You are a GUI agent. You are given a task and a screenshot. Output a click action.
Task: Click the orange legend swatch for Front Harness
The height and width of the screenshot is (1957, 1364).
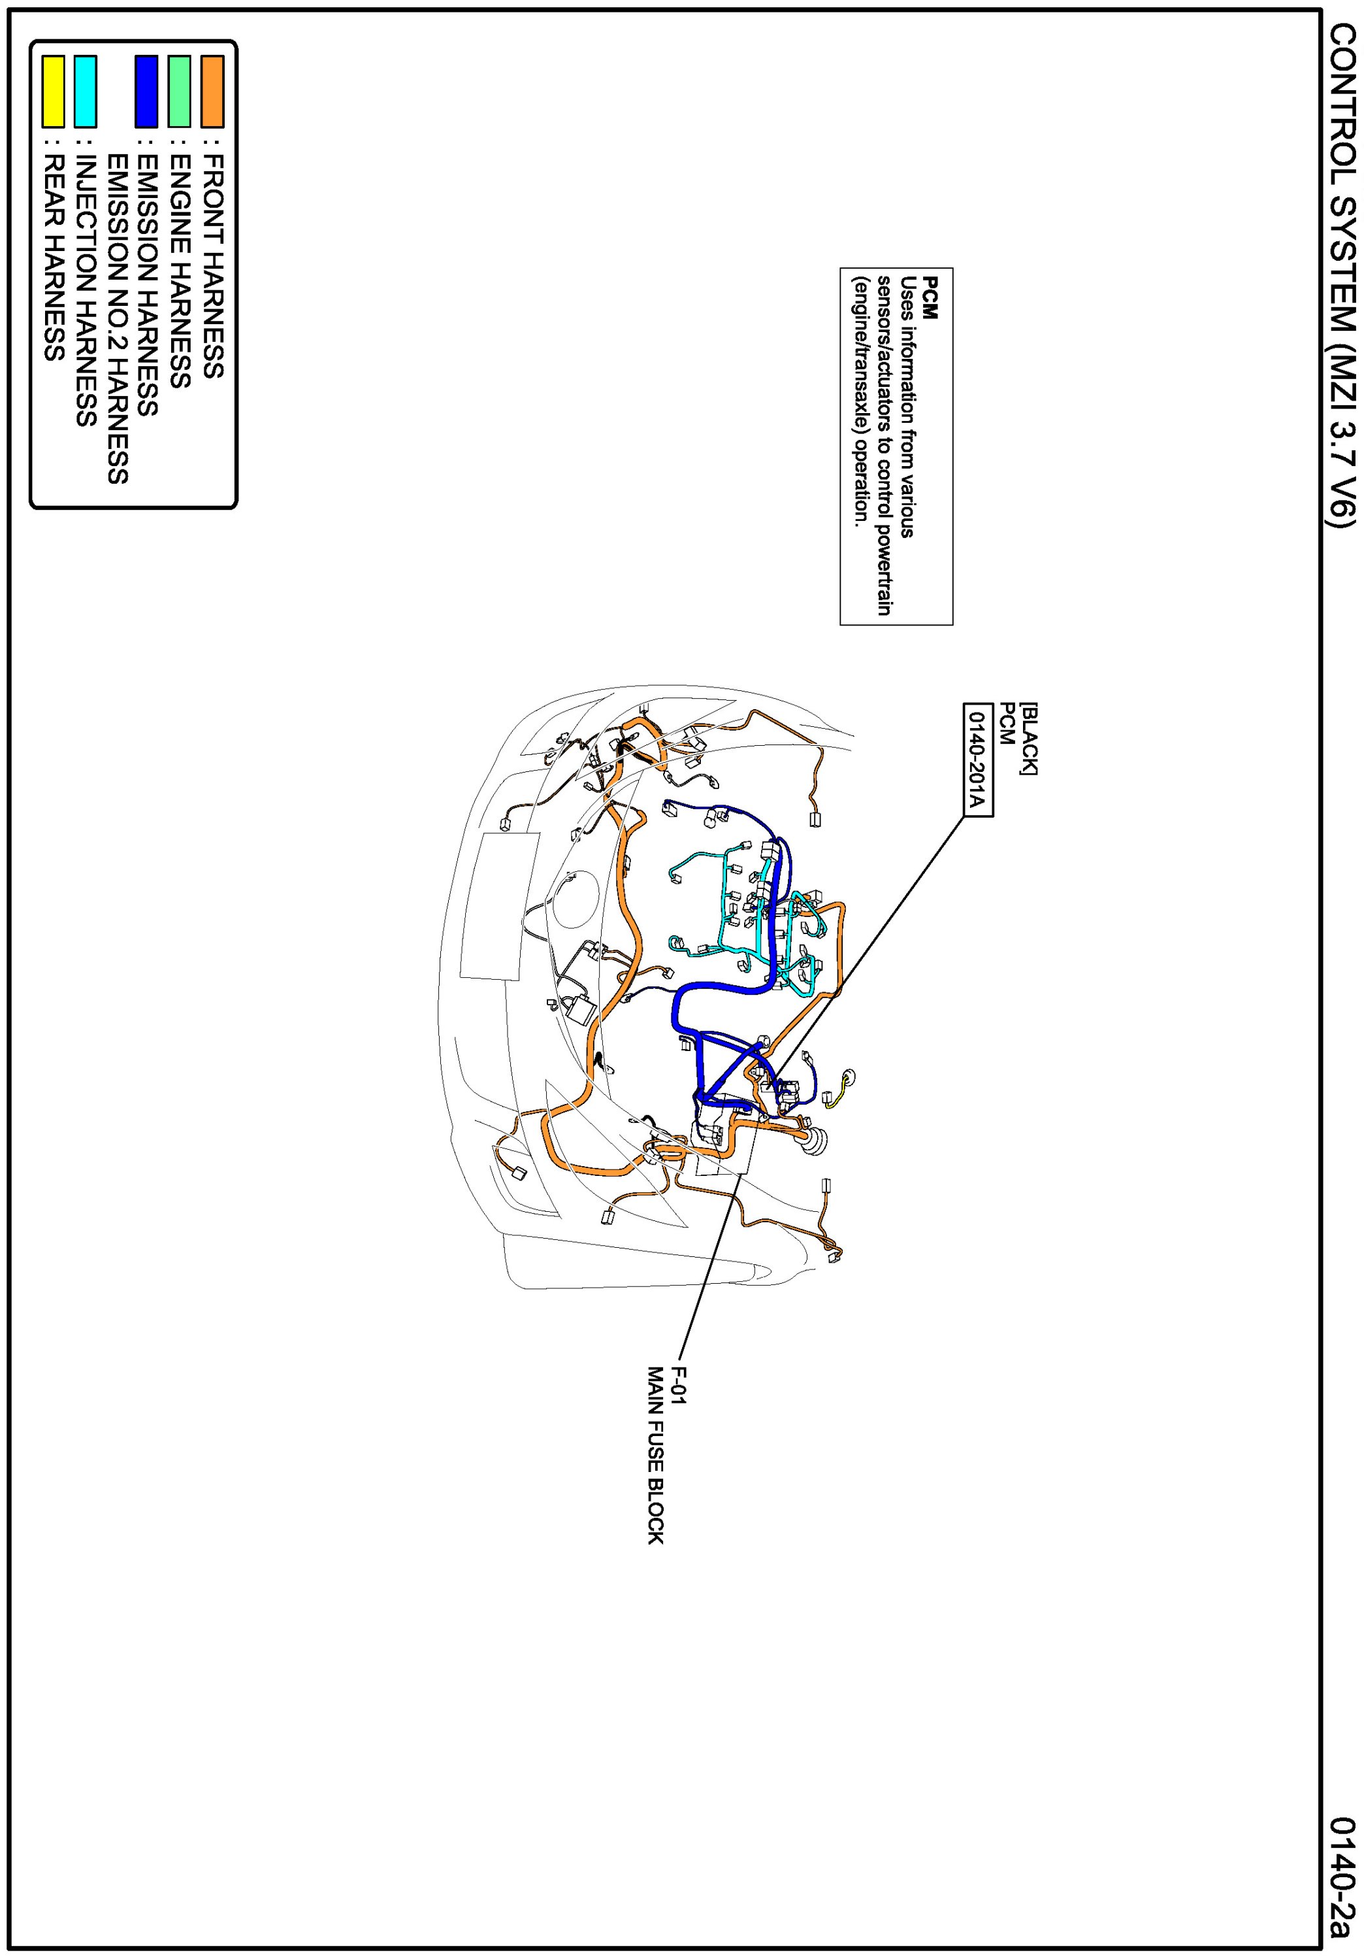click(212, 92)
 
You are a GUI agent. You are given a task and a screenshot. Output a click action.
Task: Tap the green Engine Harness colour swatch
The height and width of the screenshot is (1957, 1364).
click(179, 92)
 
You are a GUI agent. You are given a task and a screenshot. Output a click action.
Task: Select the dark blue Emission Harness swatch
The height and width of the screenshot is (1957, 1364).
click(146, 92)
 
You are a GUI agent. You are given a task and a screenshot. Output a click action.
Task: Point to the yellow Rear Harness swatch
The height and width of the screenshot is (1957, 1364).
click(54, 92)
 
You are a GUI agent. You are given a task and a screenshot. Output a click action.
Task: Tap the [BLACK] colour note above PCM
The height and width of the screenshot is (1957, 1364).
click(1028, 738)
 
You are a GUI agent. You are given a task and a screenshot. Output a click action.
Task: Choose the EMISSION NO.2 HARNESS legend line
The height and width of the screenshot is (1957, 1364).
click(118, 319)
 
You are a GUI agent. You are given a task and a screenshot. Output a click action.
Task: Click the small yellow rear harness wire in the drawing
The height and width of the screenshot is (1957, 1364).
click(836, 1096)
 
